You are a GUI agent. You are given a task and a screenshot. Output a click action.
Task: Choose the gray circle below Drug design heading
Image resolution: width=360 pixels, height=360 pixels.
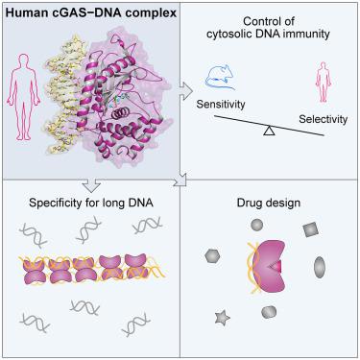pos(256,225)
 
